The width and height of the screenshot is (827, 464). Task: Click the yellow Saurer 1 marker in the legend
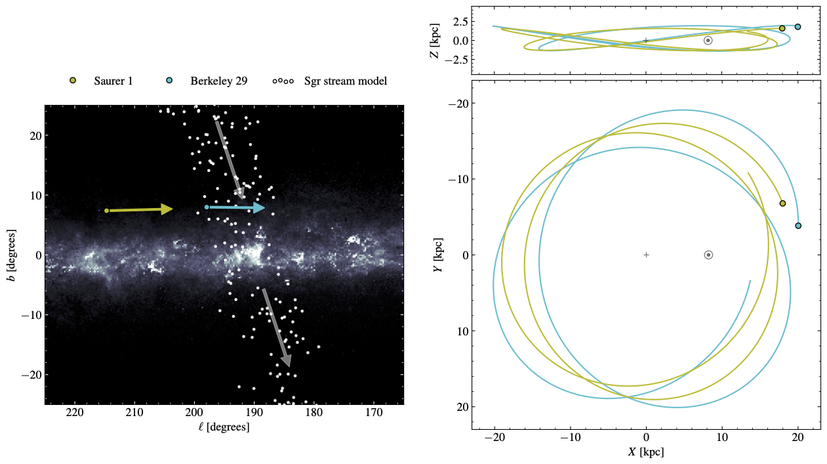(73, 81)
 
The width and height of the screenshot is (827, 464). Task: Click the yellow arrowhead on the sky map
(167, 209)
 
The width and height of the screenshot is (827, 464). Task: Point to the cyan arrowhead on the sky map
(259, 207)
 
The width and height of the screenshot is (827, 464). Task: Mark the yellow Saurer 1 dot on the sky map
(107, 211)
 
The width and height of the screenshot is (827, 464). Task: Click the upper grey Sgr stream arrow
(230, 158)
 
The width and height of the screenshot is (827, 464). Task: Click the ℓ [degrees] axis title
(224, 427)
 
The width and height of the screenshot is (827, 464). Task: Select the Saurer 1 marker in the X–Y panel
(782, 203)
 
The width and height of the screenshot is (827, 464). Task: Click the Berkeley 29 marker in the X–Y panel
(798, 226)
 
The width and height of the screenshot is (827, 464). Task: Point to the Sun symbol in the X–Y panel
(708, 255)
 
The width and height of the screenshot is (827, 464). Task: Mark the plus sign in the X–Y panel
(646, 255)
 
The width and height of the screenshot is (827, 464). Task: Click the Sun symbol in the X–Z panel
(708, 40)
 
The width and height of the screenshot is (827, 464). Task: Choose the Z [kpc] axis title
(434, 40)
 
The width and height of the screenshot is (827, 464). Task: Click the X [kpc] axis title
(646, 452)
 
